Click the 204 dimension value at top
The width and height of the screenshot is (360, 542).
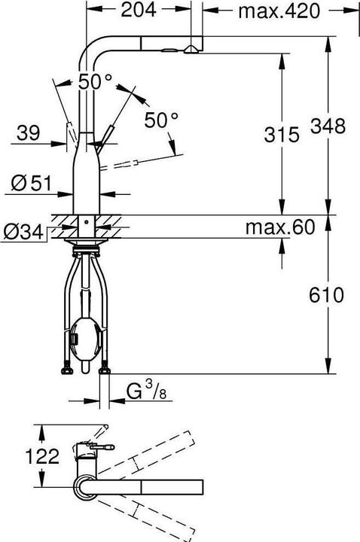[x=140, y=11]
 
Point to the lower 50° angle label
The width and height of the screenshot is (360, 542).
[x=162, y=119]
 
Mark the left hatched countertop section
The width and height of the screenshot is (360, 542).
[x=63, y=224]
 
